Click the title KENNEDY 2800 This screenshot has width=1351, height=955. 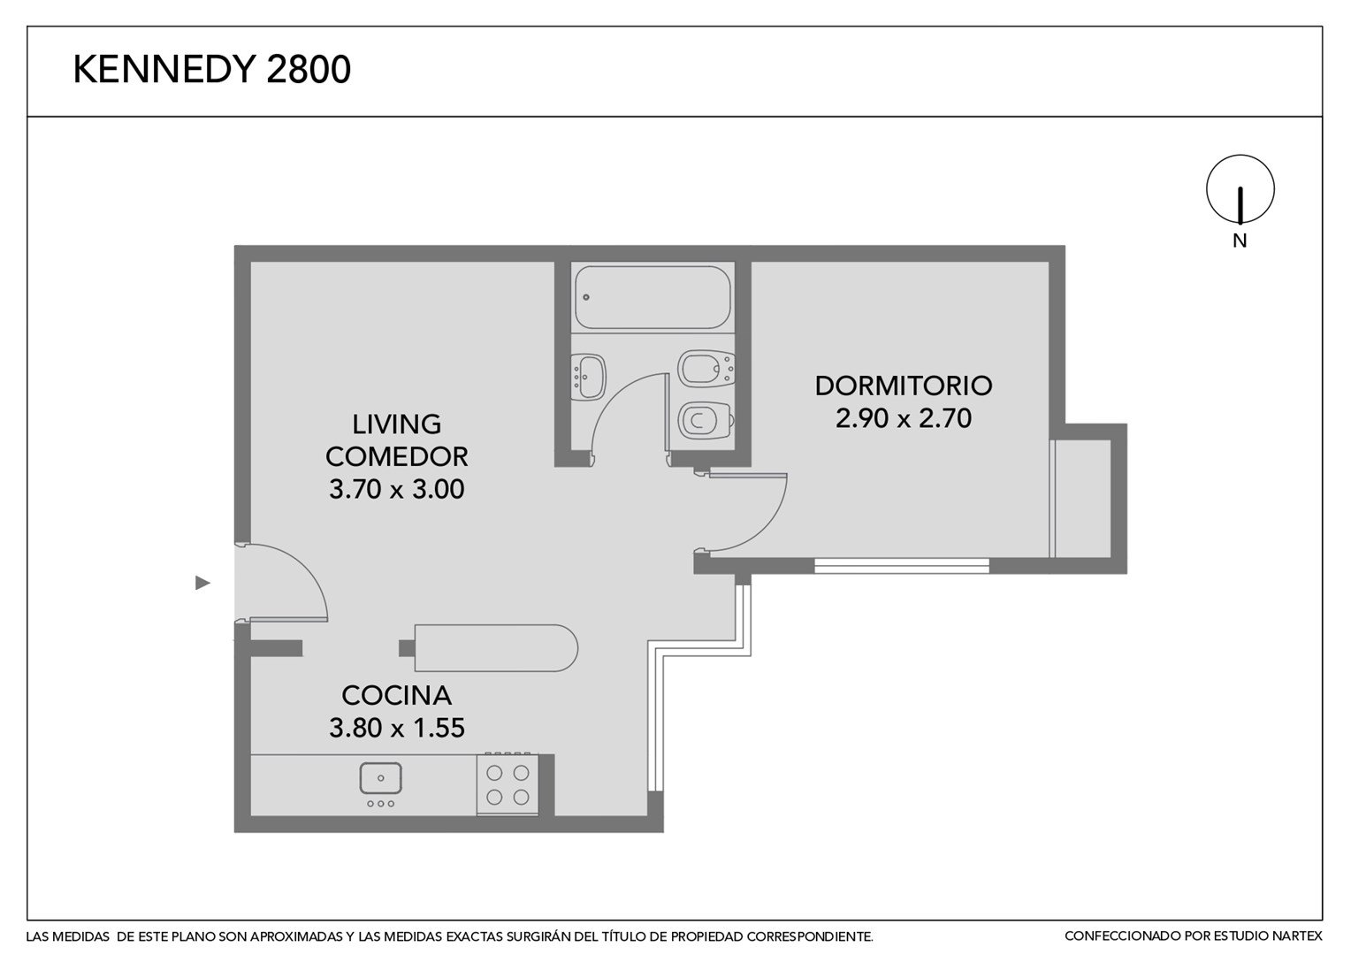(211, 69)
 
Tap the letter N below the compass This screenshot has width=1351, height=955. (1240, 241)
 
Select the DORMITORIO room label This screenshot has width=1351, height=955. (904, 386)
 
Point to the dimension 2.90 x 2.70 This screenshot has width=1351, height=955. (904, 418)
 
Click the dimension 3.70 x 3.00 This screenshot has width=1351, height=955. (397, 489)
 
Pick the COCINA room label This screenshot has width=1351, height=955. (397, 696)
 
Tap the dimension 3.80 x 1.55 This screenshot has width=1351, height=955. (397, 728)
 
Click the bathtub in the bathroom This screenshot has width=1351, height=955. (653, 297)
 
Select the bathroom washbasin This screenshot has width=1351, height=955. (589, 377)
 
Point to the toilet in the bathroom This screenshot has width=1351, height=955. (706, 420)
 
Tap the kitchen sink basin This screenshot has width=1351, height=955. (380, 778)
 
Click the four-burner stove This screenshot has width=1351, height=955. (508, 784)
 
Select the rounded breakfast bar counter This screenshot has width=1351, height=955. (496, 648)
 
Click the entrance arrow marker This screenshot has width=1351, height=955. (202, 583)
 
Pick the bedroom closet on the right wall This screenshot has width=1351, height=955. (1080, 499)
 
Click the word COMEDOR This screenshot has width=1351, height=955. (397, 456)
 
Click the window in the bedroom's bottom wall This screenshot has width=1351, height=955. (902, 565)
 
